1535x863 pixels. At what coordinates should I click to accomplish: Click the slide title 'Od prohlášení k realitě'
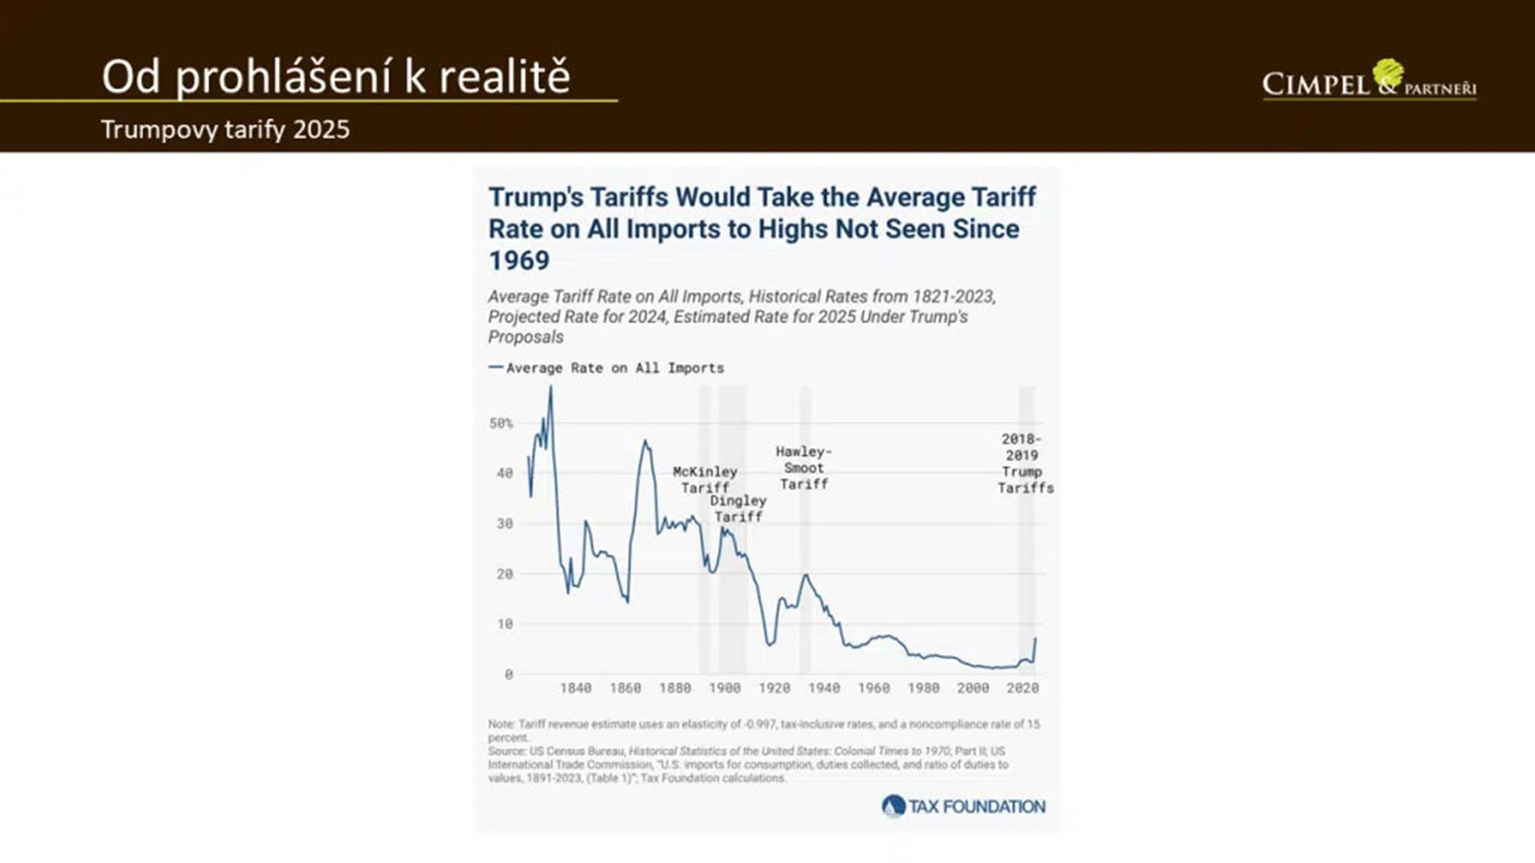tap(336, 77)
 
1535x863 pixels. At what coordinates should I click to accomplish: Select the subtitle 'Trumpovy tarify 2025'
tap(225, 129)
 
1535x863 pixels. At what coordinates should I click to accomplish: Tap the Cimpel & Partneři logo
tap(1369, 81)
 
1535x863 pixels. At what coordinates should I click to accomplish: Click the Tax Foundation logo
tap(963, 806)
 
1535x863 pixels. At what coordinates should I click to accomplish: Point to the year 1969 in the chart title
tap(520, 260)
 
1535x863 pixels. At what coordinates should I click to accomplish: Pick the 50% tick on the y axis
tap(501, 424)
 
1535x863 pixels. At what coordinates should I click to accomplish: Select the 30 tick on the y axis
tap(504, 523)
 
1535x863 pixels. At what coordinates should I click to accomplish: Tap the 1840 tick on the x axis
tap(576, 688)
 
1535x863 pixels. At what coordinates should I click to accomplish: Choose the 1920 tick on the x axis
tap(774, 688)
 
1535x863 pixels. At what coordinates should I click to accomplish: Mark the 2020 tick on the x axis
tap(1023, 688)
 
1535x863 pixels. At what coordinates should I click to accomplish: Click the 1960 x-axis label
tap(874, 688)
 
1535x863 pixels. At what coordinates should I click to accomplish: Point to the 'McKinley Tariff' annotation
tap(704, 479)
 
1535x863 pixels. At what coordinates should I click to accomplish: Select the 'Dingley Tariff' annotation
tap(738, 509)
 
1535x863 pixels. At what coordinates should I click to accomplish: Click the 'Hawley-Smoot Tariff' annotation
tap(803, 467)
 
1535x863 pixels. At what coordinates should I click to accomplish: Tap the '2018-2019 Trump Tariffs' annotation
tap(1023, 463)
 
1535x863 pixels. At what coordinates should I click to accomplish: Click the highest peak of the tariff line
tap(550, 388)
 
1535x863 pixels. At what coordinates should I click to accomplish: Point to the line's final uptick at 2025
tap(1035, 638)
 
